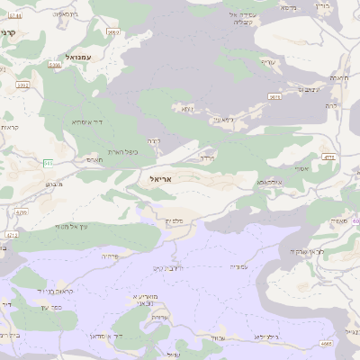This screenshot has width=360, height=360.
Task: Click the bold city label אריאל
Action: coord(166,179)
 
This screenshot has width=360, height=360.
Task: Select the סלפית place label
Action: coord(174,221)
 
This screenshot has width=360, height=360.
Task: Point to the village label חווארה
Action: coord(340,78)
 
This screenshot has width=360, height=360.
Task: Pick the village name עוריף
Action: coord(267,62)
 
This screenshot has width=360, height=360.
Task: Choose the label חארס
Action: coord(94,159)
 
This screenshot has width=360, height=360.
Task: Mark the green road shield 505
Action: coord(48,162)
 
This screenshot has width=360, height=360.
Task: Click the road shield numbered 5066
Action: coord(55,65)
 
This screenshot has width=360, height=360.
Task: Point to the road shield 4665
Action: coord(326,343)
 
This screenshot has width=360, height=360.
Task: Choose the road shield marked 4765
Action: coord(21,213)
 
